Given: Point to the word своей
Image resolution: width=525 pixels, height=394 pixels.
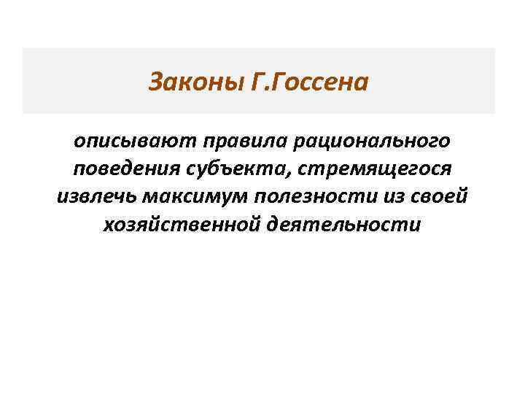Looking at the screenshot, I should pos(439,196).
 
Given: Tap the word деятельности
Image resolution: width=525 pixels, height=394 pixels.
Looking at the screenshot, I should pos(344,225).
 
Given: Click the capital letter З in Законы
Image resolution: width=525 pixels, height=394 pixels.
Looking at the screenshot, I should pos(155,82).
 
